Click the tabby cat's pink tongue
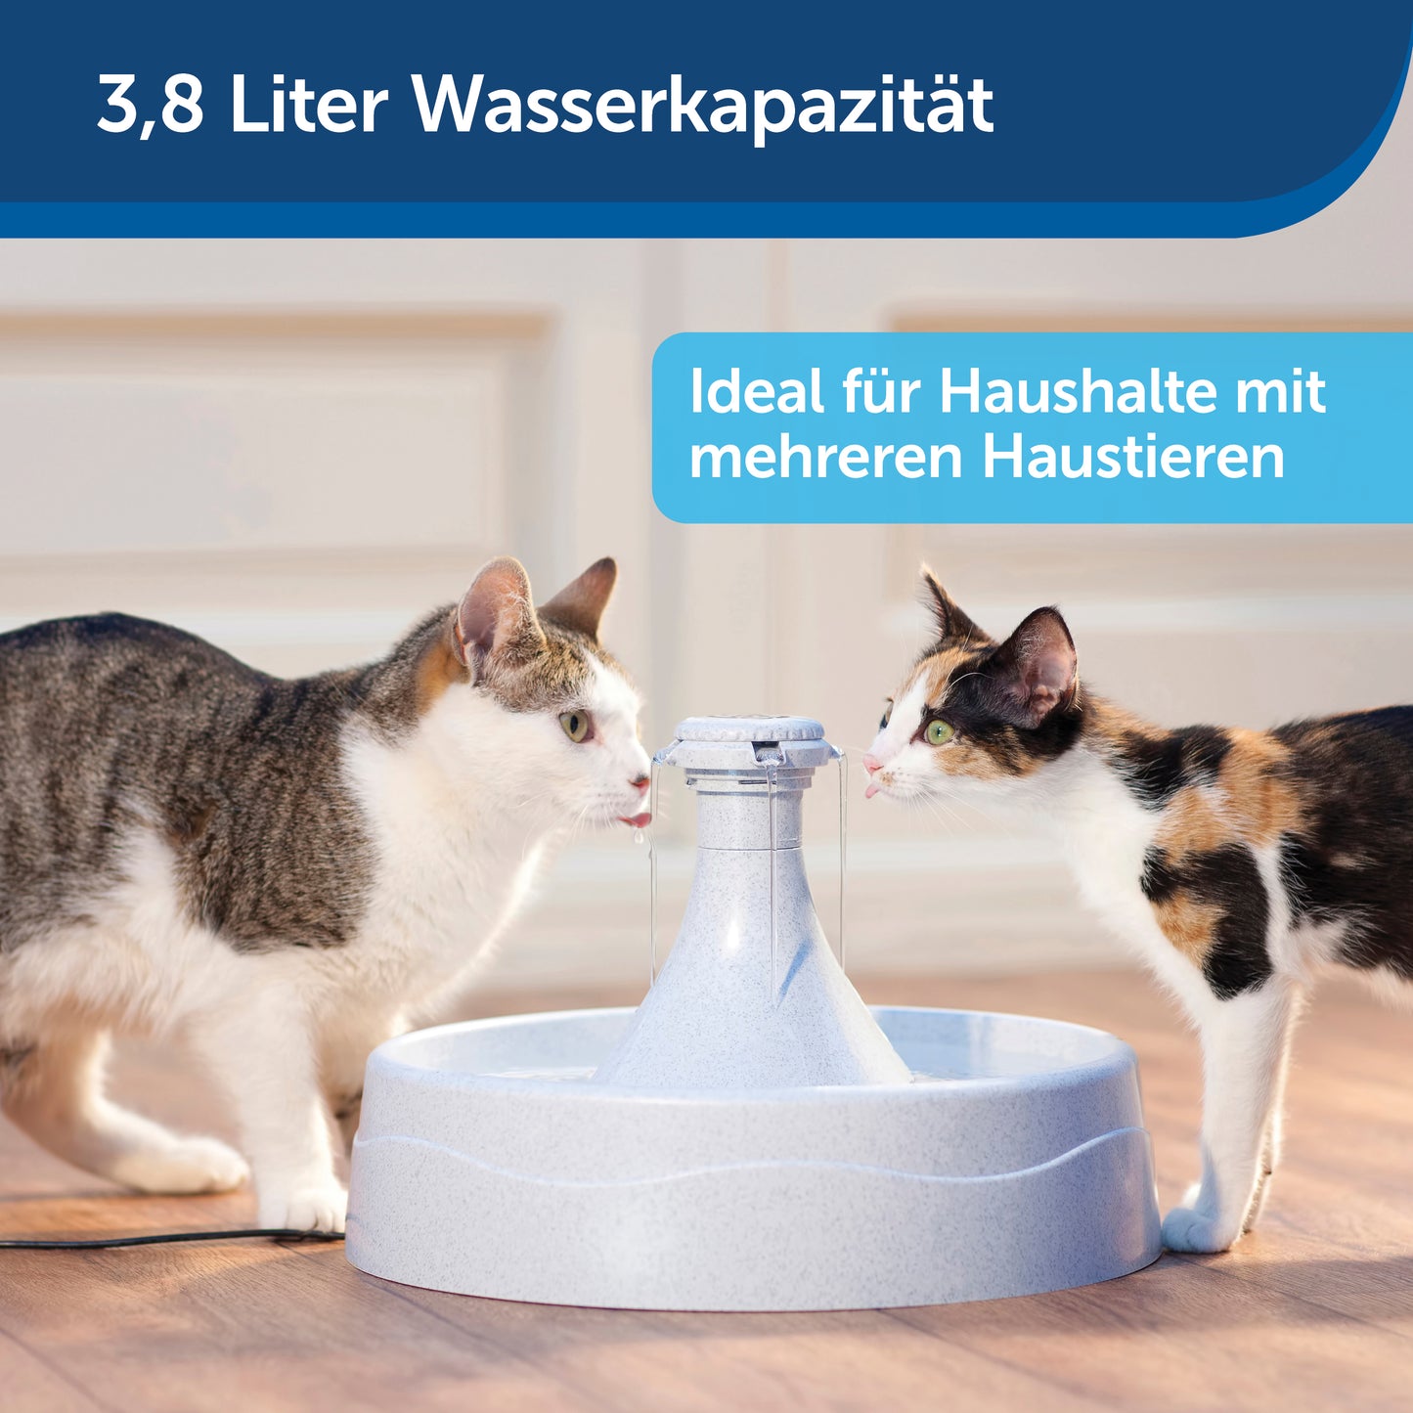[x=636, y=818]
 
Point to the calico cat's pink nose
[x=872, y=764]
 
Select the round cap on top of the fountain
[x=749, y=729]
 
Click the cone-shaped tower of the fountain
[x=753, y=953]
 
